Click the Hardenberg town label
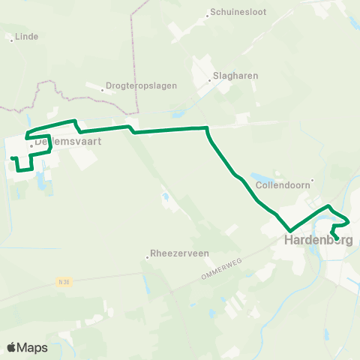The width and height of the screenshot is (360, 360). [x=318, y=241]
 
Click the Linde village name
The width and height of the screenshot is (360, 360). [x=26, y=36]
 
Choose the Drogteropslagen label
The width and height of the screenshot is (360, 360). [x=142, y=85]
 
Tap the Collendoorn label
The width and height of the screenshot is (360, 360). [x=281, y=184]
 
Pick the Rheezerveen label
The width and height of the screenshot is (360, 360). [x=180, y=253]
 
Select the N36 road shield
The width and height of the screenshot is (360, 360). [x=65, y=282]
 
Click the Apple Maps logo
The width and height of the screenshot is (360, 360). [x=27, y=347]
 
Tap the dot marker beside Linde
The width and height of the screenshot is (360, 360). [x=11, y=40]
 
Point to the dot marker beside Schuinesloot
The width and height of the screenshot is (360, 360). [x=207, y=14]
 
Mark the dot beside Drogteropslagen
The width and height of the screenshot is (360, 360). [x=102, y=90]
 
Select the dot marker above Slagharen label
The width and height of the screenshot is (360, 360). [x=213, y=79]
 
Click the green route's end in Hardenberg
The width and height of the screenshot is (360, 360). [x=335, y=239]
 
